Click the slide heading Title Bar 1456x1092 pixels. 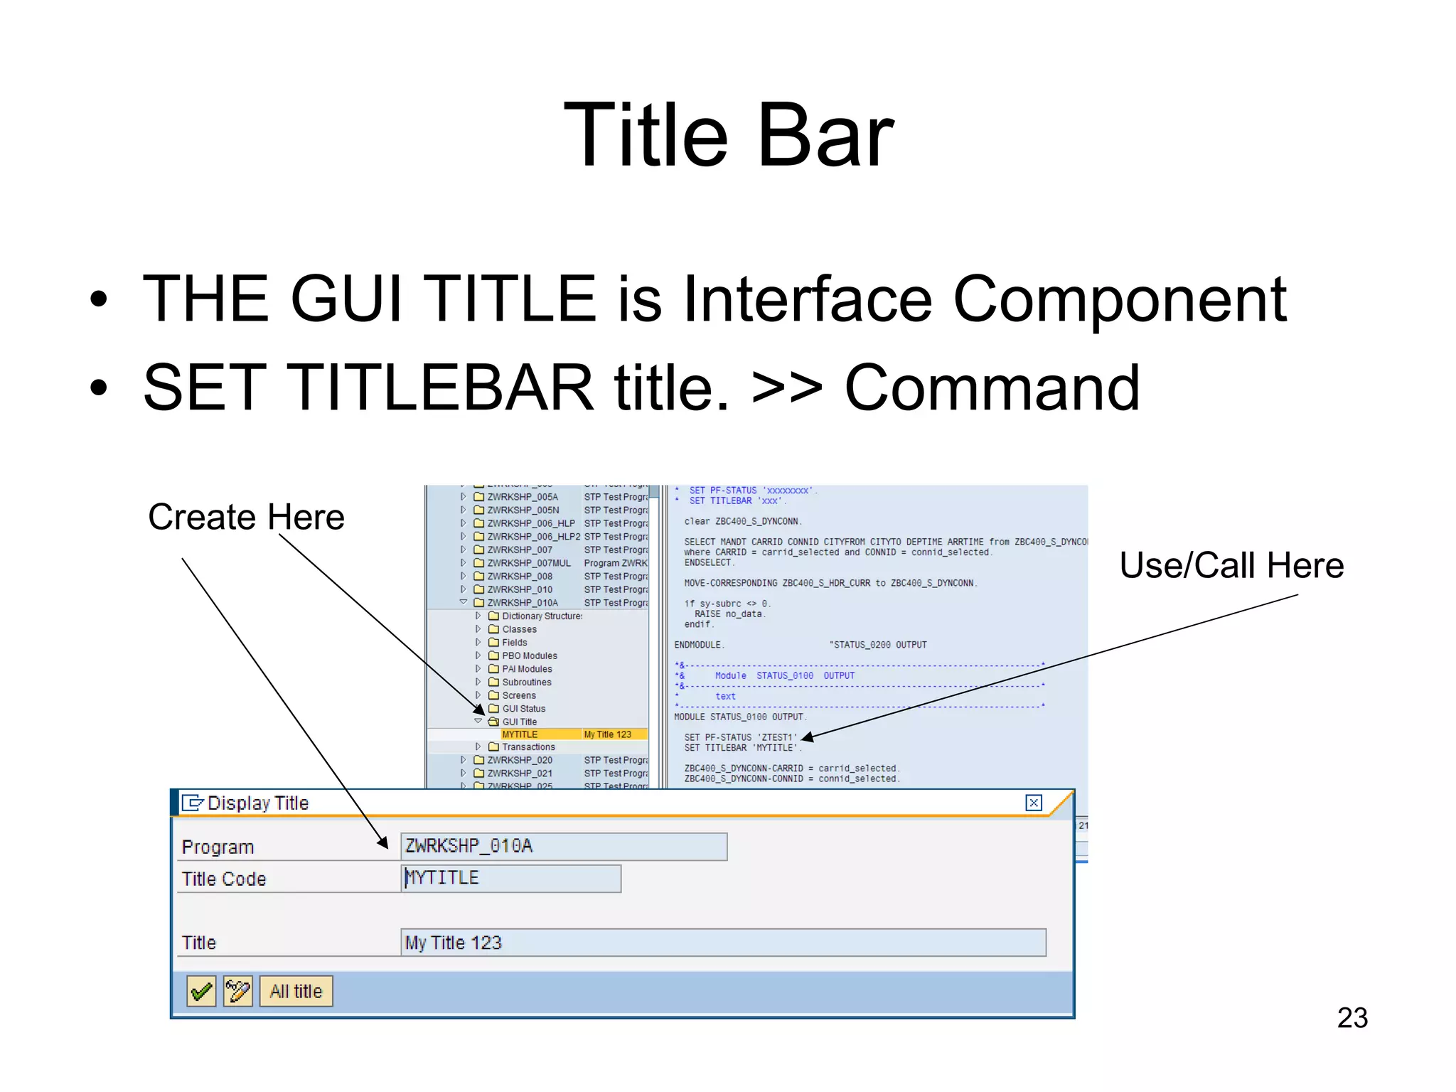(728, 135)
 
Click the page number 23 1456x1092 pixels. (1351, 1017)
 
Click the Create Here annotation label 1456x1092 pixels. (246, 517)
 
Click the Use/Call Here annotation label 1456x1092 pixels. (1231, 566)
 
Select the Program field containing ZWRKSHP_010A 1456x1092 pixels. (563, 846)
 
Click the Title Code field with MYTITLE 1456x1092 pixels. (510, 878)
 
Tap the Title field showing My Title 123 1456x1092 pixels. (722, 943)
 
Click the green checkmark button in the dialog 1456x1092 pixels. (201, 991)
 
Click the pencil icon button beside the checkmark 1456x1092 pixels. (237, 991)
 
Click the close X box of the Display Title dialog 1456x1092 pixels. (1033, 803)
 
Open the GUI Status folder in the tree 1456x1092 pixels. (523, 709)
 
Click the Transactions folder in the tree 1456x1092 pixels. (528, 747)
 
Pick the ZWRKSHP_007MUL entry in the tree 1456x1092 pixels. (528, 563)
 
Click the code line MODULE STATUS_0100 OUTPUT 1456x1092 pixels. (739, 717)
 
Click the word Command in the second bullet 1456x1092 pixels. (991, 388)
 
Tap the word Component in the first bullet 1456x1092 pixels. (1119, 299)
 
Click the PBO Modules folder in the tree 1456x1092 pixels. (529, 655)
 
